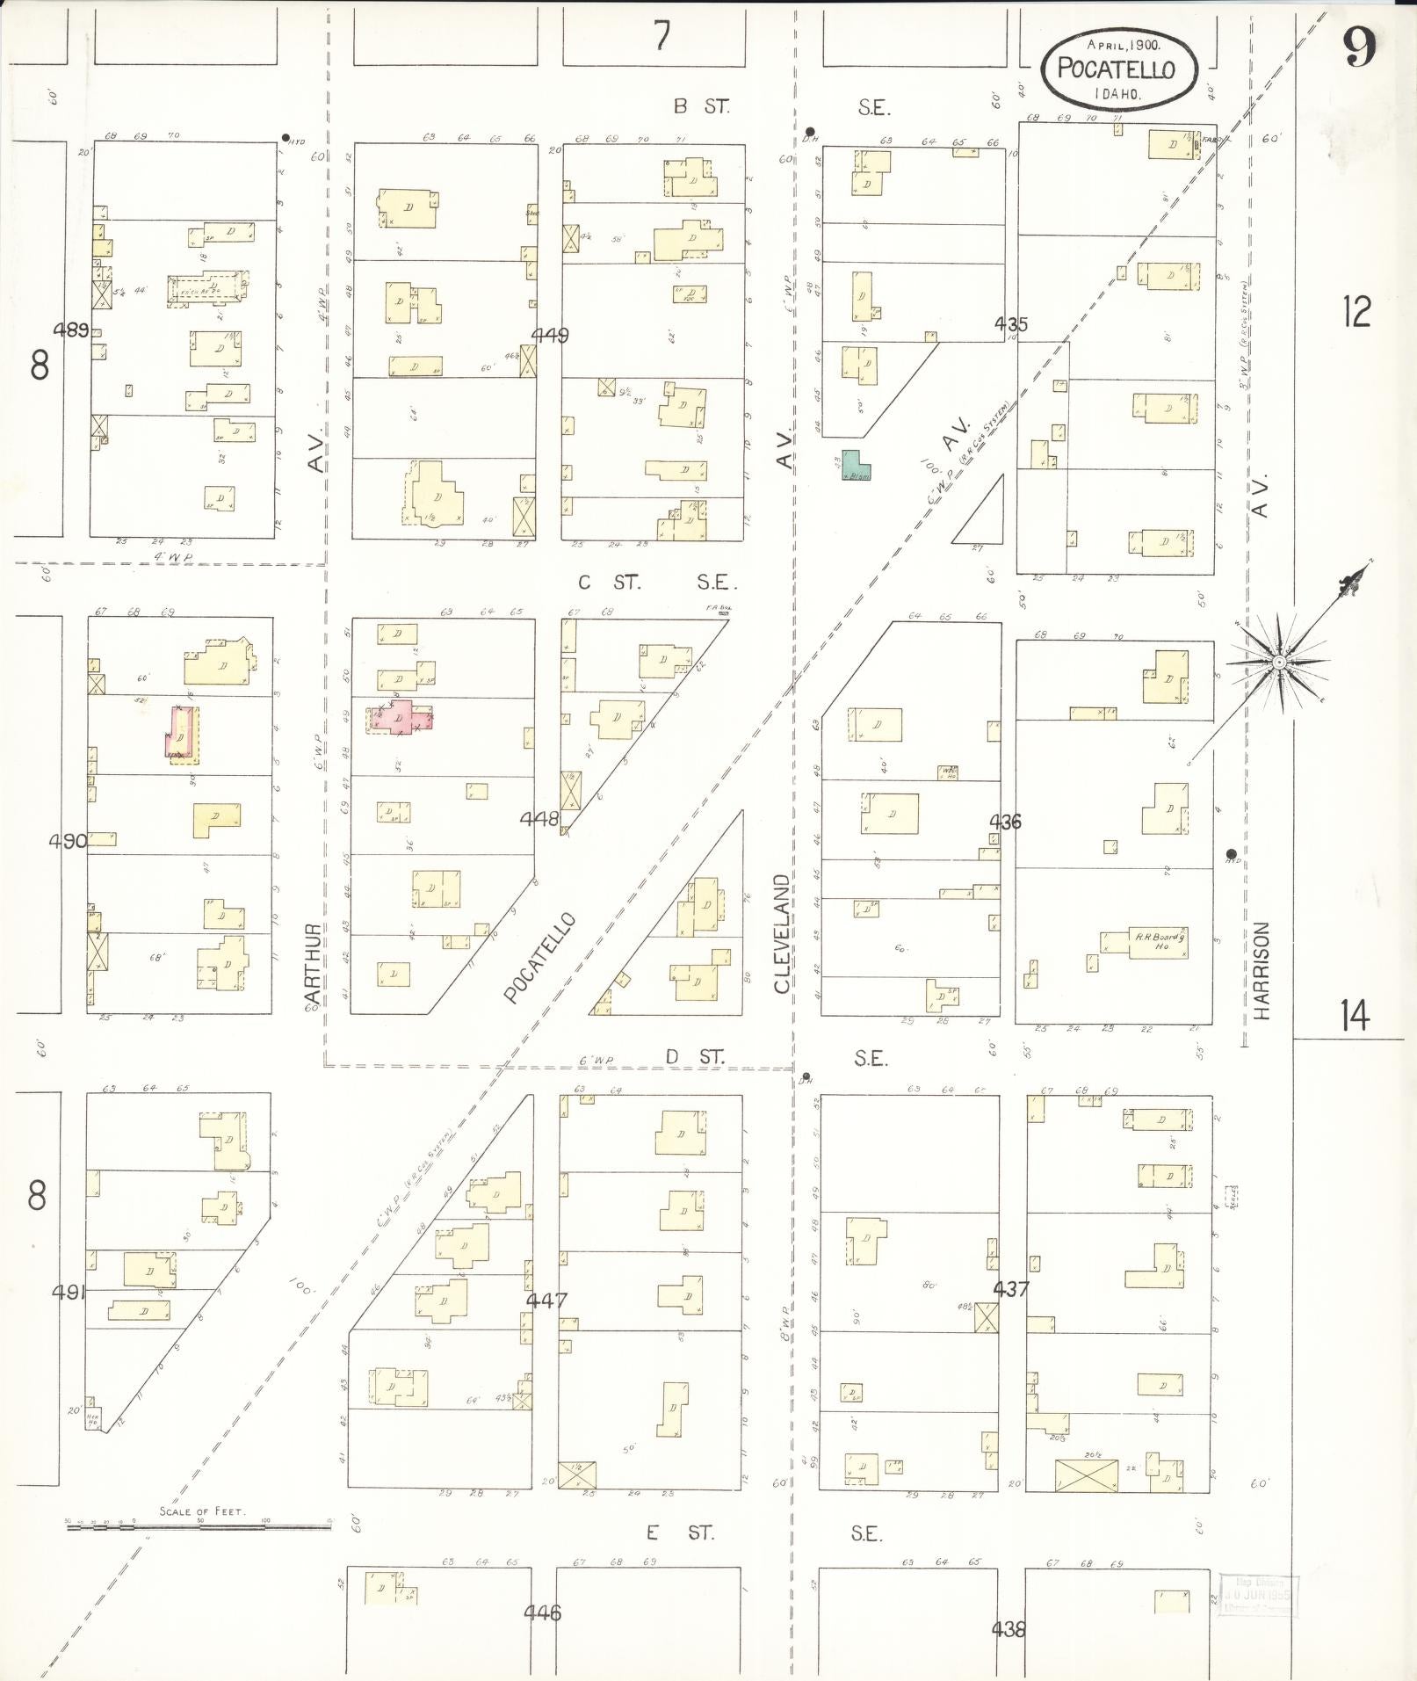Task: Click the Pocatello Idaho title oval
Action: pos(1119,69)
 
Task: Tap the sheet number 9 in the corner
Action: pos(1357,47)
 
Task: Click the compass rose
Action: pos(1280,660)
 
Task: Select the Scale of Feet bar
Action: pos(200,1527)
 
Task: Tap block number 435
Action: pos(1010,324)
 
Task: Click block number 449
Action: pos(550,335)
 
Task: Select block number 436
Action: pos(1005,822)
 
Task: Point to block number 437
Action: pos(1010,1289)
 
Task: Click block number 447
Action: pos(546,1301)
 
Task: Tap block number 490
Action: pos(68,841)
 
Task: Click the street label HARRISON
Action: pos(1262,970)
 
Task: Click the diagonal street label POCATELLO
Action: pos(539,958)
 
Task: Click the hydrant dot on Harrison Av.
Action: pos(1231,853)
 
